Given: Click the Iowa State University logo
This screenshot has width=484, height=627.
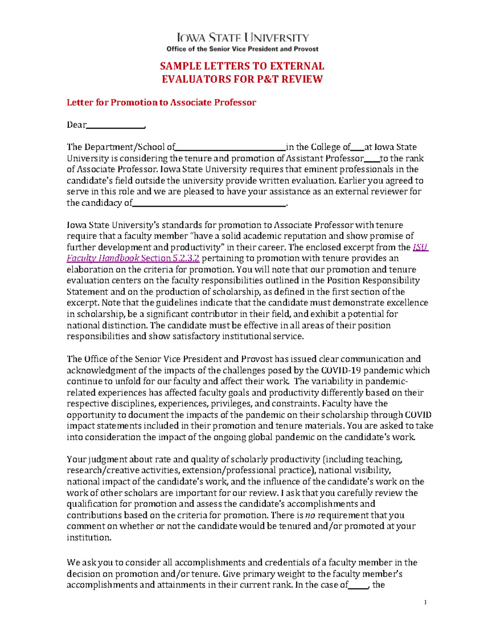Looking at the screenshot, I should (x=242, y=38).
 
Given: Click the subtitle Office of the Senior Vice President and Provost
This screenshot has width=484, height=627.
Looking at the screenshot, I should (x=242, y=49).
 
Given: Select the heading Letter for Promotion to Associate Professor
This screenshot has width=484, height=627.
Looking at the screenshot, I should (x=161, y=103).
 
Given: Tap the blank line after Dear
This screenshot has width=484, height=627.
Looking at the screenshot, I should (x=115, y=126).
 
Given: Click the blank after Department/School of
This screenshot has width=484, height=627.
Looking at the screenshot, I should (x=230, y=147).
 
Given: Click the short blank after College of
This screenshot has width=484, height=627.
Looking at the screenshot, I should (x=358, y=147).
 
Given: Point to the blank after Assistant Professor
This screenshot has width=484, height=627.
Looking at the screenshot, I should (x=372, y=159).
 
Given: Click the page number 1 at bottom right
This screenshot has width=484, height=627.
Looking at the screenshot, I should (x=425, y=603).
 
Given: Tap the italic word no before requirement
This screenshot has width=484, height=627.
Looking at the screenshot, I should (x=310, y=515).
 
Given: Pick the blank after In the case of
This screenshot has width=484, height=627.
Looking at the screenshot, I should (x=358, y=585).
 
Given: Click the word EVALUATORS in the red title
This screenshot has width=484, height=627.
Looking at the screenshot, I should (x=196, y=79).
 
